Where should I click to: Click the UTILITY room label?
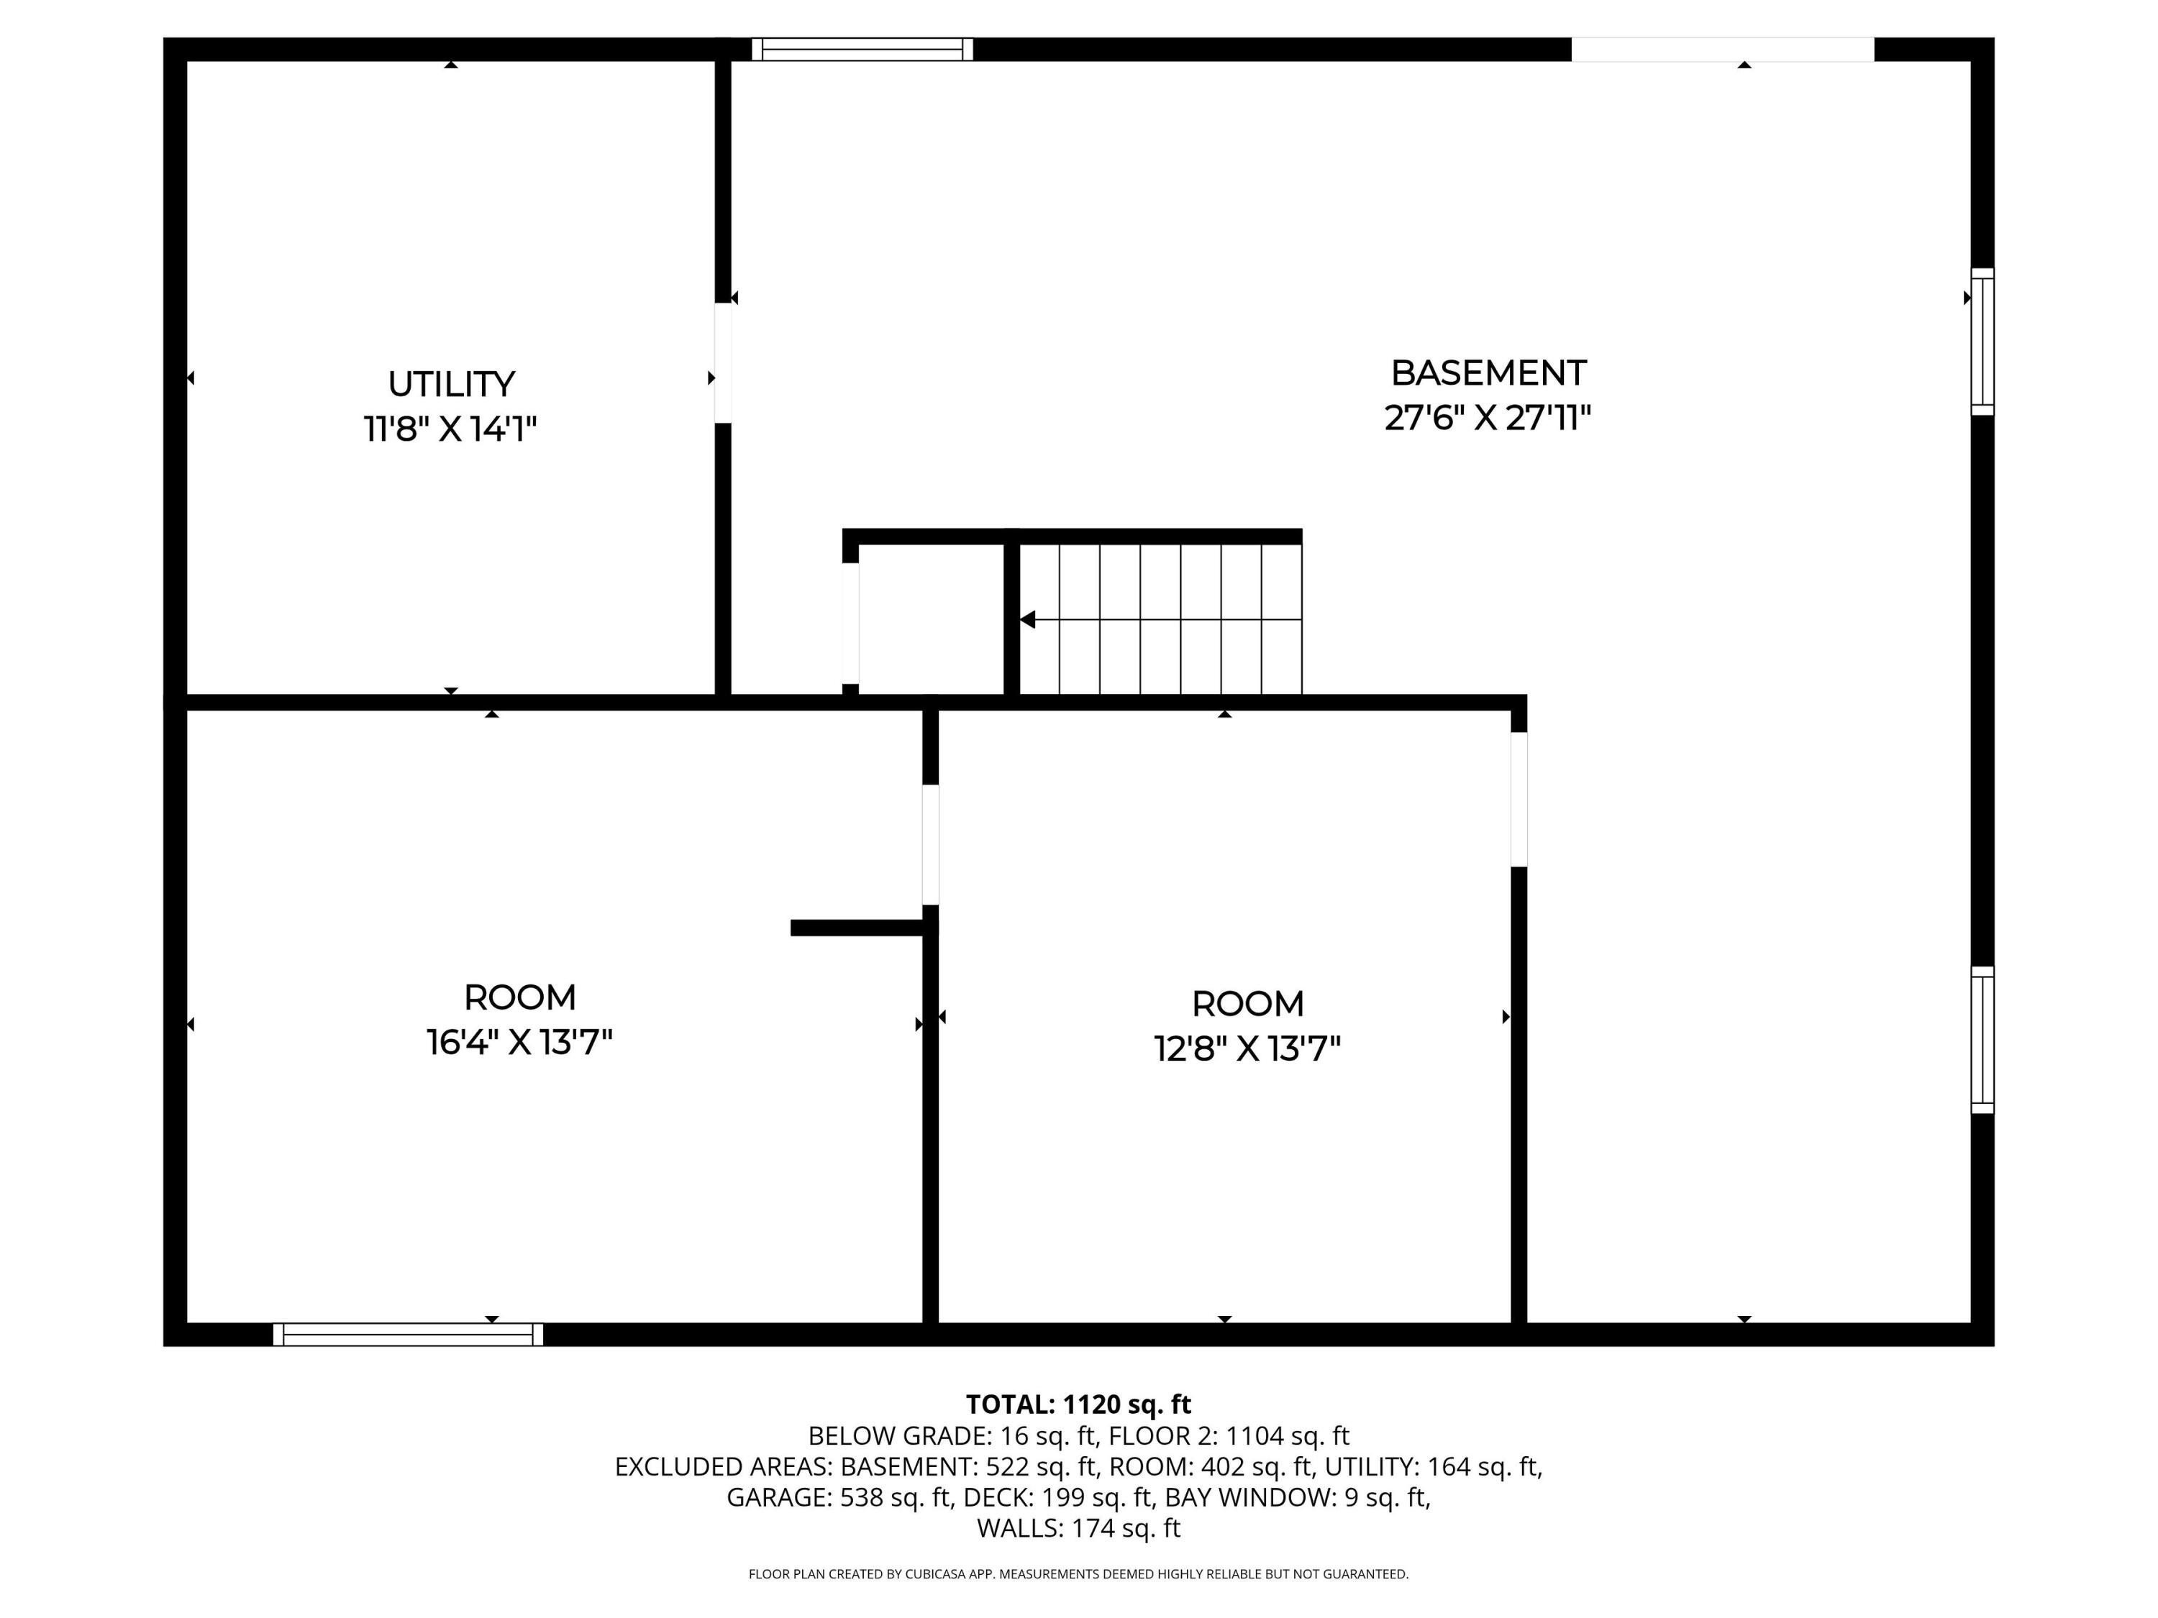(451, 384)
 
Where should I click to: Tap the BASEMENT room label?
(1488, 373)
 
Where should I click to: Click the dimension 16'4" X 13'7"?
(519, 1043)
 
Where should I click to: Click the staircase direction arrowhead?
(1027, 619)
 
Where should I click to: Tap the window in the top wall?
(862, 50)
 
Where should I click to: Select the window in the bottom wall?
(408, 1334)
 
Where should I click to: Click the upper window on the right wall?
(1982, 342)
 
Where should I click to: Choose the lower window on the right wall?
(1982, 1040)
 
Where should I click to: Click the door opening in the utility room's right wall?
(723, 363)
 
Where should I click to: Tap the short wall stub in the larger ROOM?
(857, 928)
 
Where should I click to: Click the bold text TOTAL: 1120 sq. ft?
(1078, 1404)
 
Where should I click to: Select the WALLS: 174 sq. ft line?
(1078, 1528)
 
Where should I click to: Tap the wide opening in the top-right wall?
(1722, 50)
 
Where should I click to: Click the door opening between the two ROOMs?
(931, 845)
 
